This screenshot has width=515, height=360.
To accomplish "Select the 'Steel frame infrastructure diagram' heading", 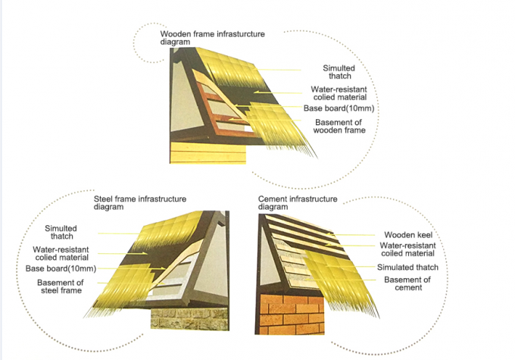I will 140,203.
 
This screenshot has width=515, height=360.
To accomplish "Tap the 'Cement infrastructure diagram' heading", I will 297,203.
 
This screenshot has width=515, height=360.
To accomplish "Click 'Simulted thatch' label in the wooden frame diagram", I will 339,72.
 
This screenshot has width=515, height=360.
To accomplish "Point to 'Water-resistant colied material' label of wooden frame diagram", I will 339,93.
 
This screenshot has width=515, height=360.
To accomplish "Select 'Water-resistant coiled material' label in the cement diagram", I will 407,250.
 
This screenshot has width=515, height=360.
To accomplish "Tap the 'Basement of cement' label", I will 407,284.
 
